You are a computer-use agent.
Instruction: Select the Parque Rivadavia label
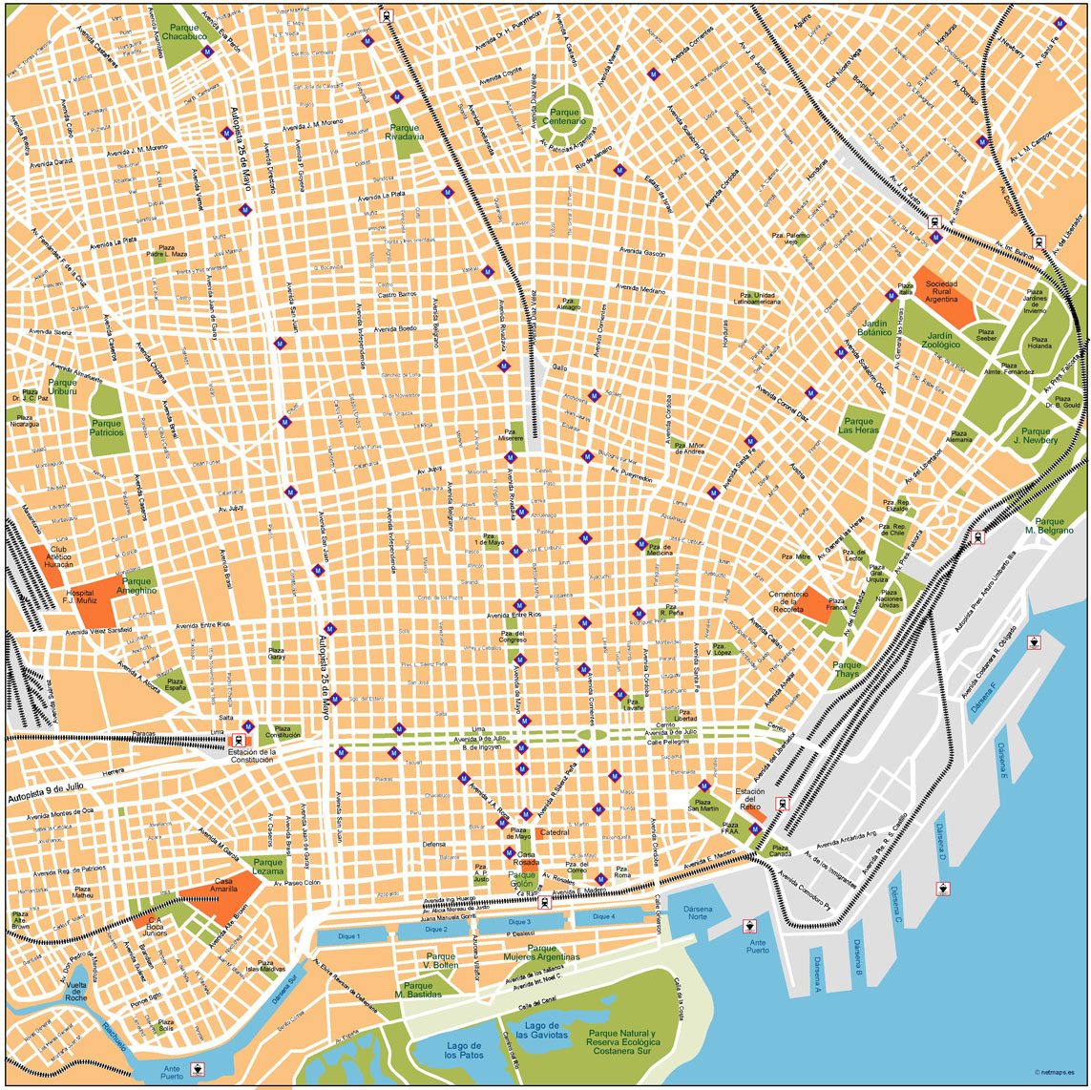click(x=404, y=132)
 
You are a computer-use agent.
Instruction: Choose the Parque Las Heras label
click(x=858, y=426)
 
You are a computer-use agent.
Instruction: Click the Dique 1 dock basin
click(x=350, y=937)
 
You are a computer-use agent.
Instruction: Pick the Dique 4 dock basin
click(x=603, y=917)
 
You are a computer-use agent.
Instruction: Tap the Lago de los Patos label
click(x=465, y=1050)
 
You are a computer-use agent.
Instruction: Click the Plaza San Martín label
click(x=703, y=807)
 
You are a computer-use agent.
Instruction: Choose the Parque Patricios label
click(x=107, y=427)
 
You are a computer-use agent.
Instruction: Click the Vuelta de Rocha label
click(x=75, y=990)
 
